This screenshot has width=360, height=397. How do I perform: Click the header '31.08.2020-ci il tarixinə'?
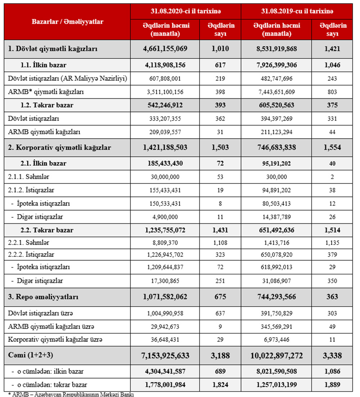pyautogui.click(x=186, y=11)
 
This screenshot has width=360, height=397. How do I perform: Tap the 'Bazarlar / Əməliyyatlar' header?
pyautogui.click(x=68, y=22)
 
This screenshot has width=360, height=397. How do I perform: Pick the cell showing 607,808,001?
pyautogui.click(x=165, y=79)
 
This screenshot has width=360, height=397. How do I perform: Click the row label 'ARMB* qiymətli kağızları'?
pyautogui.click(x=46, y=92)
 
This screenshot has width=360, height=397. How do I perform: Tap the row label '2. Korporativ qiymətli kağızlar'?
pyautogui.click(x=60, y=147)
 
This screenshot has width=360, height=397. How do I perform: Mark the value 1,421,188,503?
pyautogui.click(x=165, y=147)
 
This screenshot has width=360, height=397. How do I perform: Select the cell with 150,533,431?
pyautogui.click(x=165, y=204)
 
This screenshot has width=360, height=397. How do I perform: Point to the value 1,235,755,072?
pyautogui.click(x=165, y=230)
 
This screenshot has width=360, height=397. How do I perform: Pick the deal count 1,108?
pyautogui.click(x=220, y=243)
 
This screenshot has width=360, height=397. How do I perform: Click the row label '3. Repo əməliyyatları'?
pyautogui.click(x=44, y=297)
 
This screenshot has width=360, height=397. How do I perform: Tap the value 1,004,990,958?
pyautogui.click(x=165, y=312)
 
